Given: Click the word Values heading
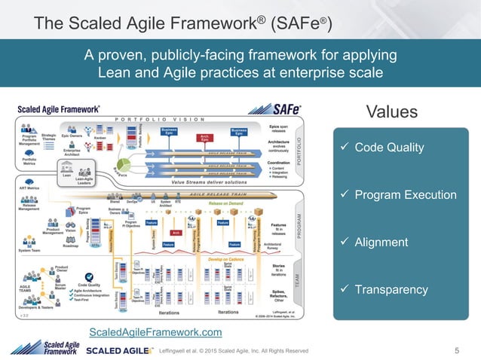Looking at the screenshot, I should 391,112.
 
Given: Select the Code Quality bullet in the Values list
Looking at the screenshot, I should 389,148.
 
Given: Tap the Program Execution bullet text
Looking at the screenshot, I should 406,195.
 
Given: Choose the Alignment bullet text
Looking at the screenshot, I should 381,243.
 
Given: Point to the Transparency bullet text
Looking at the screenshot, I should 391,290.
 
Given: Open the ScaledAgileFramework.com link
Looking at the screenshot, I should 155,332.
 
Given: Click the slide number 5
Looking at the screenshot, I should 458,350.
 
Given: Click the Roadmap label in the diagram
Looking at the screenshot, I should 71,245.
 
